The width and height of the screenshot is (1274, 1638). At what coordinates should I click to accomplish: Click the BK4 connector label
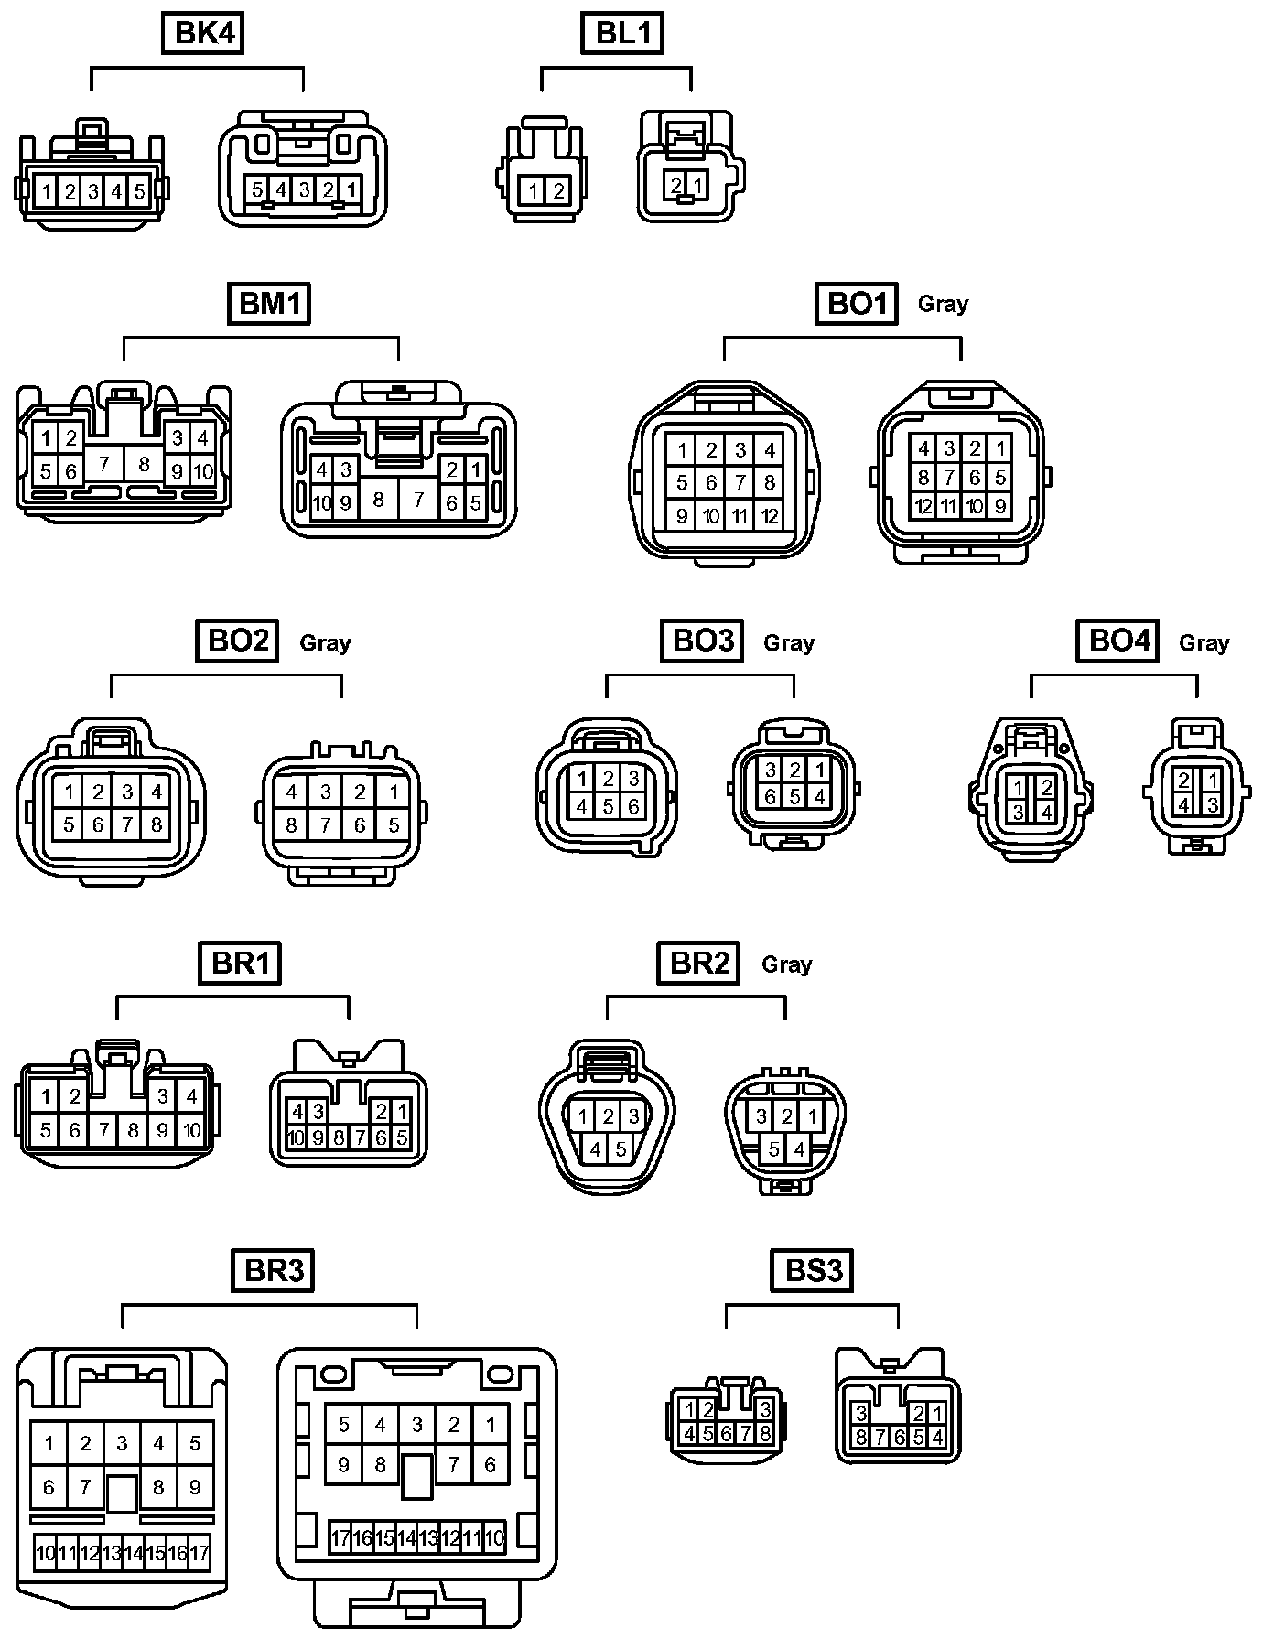pyautogui.click(x=205, y=34)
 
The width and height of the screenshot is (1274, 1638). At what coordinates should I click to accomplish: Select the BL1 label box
pyautogui.click(x=621, y=34)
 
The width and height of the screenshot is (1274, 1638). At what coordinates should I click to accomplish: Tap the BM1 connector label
pyautogui.click(x=269, y=304)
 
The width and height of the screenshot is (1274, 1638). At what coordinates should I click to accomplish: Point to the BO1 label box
pyautogui.click(x=855, y=304)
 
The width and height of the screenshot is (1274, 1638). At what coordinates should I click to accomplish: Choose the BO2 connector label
pyautogui.click(x=237, y=641)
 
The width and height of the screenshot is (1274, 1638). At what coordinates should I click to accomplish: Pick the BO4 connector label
pyautogui.click(x=1117, y=641)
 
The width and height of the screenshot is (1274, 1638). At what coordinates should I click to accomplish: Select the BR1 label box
pyautogui.click(x=241, y=963)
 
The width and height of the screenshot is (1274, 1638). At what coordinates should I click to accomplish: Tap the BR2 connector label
pyautogui.click(x=698, y=963)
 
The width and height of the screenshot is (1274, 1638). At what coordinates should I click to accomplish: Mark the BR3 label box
pyautogui.click(x=274, y=1270)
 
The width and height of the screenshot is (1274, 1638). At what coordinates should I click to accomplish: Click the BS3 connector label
pyautogui.click(x=813, y=1270)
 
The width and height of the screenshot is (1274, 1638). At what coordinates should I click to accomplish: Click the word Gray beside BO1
pyautogui.click(x=943, y=304)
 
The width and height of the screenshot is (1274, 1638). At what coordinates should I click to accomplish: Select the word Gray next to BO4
pyautogui.click(x=1204, y=642)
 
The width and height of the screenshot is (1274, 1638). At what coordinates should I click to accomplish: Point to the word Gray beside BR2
pyautogui.click(x=787, y=964)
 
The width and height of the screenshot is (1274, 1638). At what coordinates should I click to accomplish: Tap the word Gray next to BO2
pyautogui.click(x=325, y=642)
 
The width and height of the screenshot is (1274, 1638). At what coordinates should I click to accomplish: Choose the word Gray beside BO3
pyautogui.click(x=789, y=642)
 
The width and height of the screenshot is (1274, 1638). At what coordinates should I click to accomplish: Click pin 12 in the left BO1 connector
pyautogui.click(x=770, y=516)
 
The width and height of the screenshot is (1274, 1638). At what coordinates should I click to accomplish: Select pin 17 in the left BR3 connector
pyautogui.click(x=200, y=1552)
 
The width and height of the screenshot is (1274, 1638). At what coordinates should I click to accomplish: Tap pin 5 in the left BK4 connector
pyautogui.click(x=139, y=192)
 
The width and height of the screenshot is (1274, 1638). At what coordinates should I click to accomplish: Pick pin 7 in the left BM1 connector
pyautogui.click(x=104, y=464)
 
